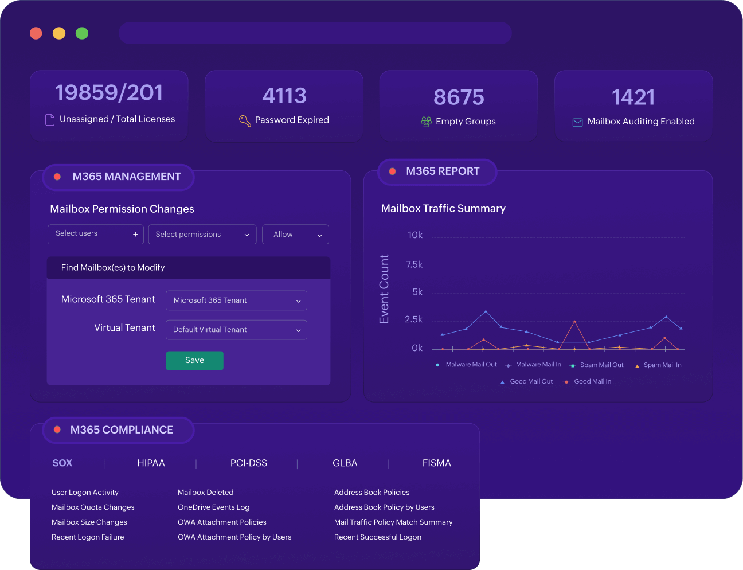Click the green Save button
point(194,361)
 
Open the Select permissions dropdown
point(202,235)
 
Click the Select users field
point(96,234)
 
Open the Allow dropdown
point(295,235)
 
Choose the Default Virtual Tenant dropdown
point(236,330)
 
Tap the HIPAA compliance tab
point(151,463)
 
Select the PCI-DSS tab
point(249,463)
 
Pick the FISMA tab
point(436,463)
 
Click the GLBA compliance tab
point(345,463)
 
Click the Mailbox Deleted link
point(205,493)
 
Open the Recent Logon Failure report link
point(88,537)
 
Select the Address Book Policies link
point(372,493)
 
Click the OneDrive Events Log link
point(213,507)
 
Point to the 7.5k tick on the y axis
point(414,264)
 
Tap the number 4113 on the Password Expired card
point(284,96)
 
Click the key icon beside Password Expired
point(245,120)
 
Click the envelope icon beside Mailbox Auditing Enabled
point(577,122)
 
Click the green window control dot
point(82,33)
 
